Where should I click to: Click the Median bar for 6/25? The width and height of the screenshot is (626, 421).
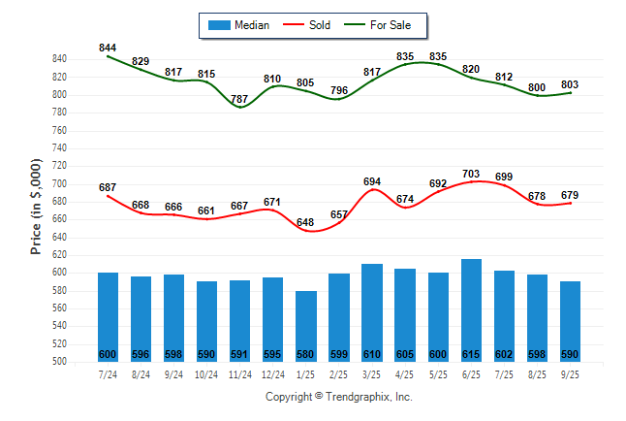click(x=471, y=310)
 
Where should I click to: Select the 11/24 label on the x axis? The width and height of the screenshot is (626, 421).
click(x=240, y=374)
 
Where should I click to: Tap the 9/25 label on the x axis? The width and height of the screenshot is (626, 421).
click(x=570, y=374)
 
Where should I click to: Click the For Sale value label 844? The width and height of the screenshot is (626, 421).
click(x=108, y=48)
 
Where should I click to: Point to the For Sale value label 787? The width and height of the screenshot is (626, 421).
click(x=239, y=99)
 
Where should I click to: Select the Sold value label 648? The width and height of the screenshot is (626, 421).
click(x=306, y=222)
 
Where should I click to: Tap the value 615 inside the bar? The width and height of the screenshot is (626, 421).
click(x=471, y=354)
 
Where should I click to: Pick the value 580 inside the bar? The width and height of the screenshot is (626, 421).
click(x=306, y=354)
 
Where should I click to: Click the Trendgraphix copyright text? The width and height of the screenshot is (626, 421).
click(x=339, y=397)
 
